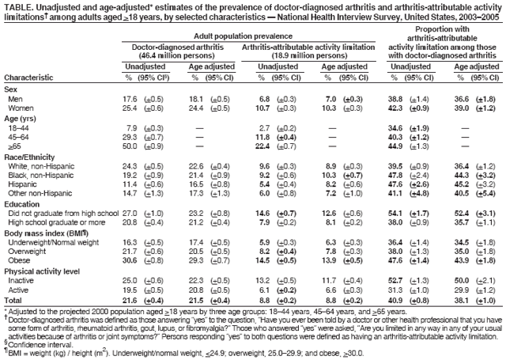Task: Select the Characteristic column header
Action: pos(28,78)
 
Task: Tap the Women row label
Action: pos(21,107)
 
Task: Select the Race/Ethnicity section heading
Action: pos(31,157)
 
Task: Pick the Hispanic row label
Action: pos(24,185)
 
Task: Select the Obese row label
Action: pos(20,260)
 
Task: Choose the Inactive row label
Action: pos(21,279)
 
